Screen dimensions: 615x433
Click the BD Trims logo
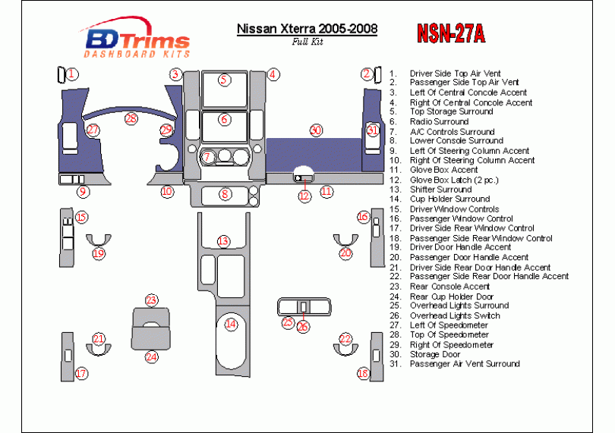pos(136,39)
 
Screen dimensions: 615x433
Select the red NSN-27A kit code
pos(451,33)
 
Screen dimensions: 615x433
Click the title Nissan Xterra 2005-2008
pos(307,29)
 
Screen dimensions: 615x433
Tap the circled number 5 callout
pos(224,80)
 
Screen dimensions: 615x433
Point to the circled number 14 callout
pos(231,324)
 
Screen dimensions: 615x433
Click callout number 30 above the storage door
pos(316,130)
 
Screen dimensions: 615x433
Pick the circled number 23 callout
pos(151,300)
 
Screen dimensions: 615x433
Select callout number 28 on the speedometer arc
pos(131,118)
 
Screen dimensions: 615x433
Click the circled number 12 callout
pos(304,196)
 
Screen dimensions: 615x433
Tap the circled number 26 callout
pos(303,326)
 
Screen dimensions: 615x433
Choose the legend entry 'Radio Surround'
pos(439,122)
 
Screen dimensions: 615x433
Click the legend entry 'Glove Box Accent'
pos(443,170)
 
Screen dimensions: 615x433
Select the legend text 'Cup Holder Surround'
pos(450,199)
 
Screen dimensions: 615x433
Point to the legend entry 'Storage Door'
pos(435,355)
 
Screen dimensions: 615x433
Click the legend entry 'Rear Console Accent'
pos(450,287)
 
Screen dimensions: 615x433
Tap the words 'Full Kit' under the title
pos(307,42)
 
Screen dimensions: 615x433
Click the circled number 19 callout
pos(99,253)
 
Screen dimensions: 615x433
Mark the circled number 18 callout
pos(363,373)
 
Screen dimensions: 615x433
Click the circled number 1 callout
pos(72,74)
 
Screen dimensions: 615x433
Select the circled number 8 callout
pos(225,194)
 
